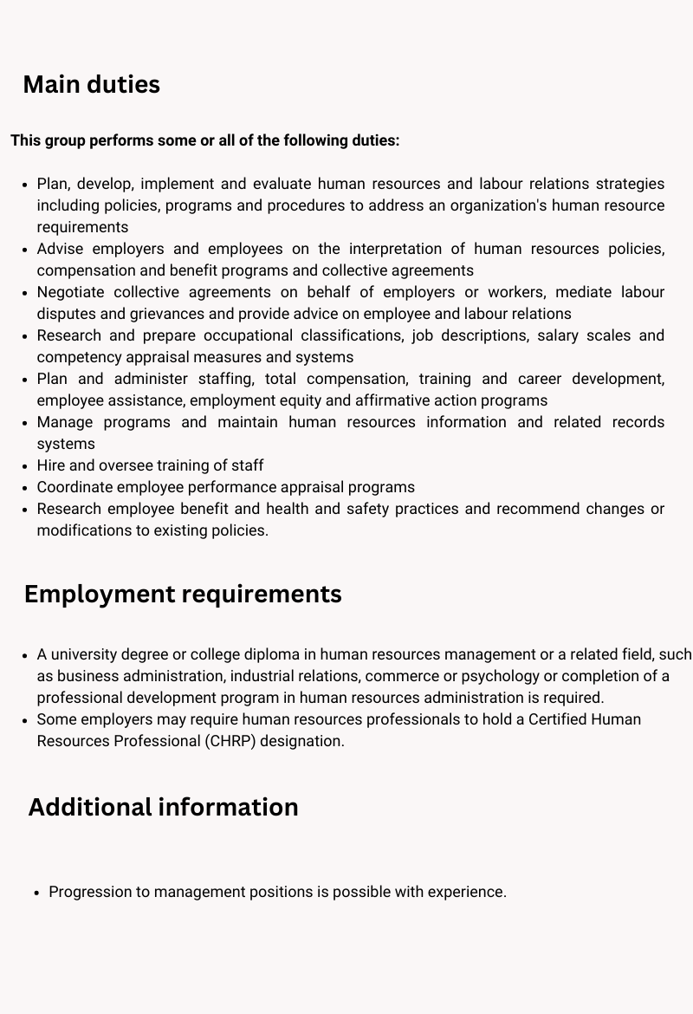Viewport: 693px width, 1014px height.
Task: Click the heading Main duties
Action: point(91,85)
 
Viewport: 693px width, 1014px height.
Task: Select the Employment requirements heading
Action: point(183,595)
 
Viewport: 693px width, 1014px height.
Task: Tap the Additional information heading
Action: point(163,807)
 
